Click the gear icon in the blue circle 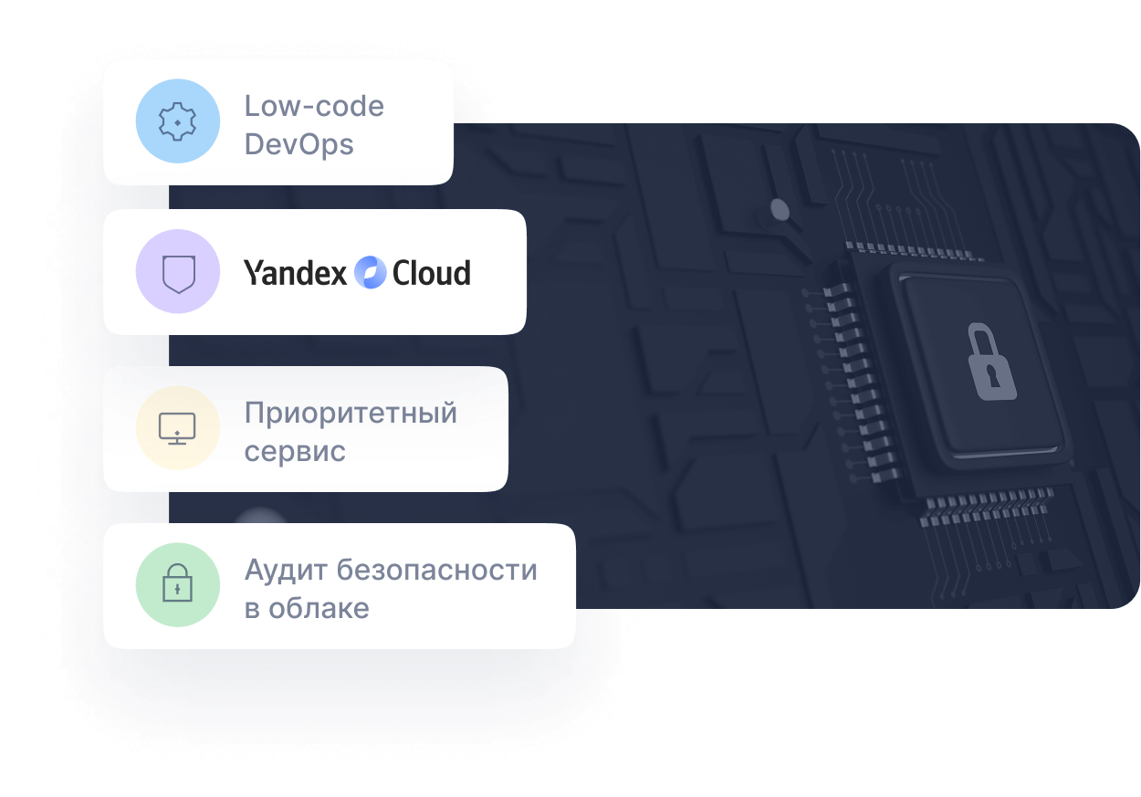[178, 121]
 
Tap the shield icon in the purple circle [178, 272]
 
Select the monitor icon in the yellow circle [178, 428]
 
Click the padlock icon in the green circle [178, 585]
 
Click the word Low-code [314, 106]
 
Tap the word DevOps [298, 144]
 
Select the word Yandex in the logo [295, 272]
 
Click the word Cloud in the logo [431, 272]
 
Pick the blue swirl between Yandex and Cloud [370, 272]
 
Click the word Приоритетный [351, 414]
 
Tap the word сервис [295, 451]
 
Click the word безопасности [437, 571]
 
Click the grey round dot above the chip [780, 210]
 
